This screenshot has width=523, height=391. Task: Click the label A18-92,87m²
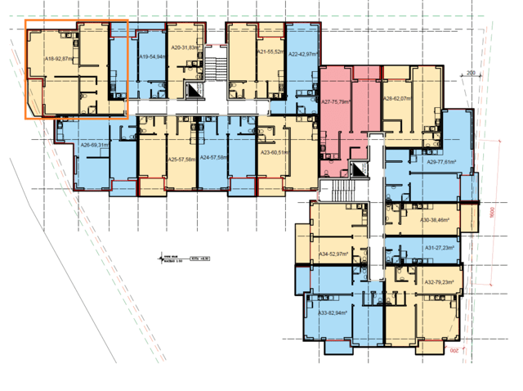click(x=60, y=59)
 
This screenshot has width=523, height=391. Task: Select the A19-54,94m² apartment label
click(x=153, y=57)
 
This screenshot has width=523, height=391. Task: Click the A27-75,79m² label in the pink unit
click(x=336, y=102)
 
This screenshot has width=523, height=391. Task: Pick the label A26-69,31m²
click(x=95, y=145)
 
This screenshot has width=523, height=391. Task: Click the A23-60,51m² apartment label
click(x=275, y=152)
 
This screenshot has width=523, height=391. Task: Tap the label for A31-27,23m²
click(x=439, y=248)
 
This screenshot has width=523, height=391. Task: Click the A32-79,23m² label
click(x=439, y=282)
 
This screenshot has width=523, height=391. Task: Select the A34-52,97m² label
click(x=333, y=254)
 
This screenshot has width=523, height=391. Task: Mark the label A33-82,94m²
click(x=333, y=312)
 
